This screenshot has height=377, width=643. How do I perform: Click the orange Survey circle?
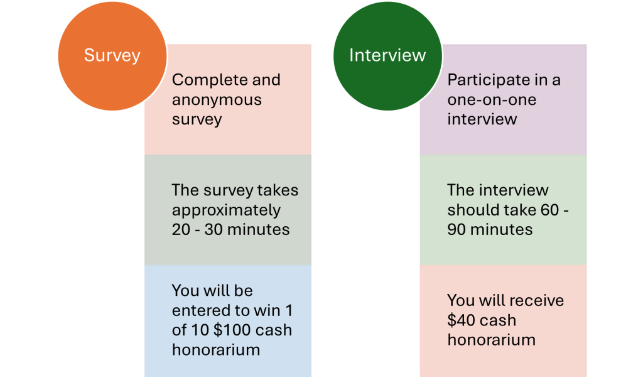click(112, 56)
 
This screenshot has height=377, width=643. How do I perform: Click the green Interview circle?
click(387, 56)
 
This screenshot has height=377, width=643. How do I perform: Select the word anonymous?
click(217, 100)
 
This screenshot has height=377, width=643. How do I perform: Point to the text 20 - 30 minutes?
click(230, 230)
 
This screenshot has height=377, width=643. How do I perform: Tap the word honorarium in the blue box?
click(216, 350)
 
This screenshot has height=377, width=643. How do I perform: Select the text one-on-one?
click(492, 100)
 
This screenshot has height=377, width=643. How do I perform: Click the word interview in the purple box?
click(482, 119)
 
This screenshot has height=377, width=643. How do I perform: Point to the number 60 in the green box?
click(550, 210)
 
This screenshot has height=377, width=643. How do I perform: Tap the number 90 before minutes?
click(457, 230)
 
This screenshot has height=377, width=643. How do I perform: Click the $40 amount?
click(462, 320)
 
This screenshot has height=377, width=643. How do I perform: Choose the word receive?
click(538, 301)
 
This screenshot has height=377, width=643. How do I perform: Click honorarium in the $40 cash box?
click(491, 340)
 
